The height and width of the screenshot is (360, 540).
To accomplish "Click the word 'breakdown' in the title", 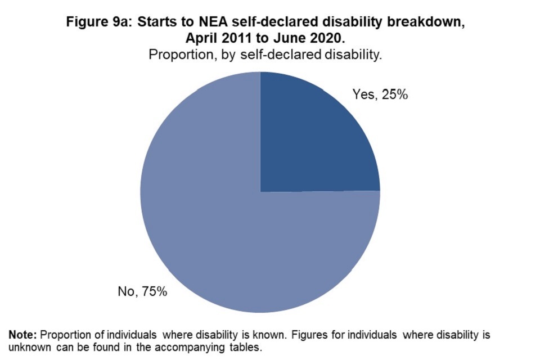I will [x=425, y=24].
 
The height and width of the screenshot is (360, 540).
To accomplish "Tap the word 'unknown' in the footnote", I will [x=28, y=346].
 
